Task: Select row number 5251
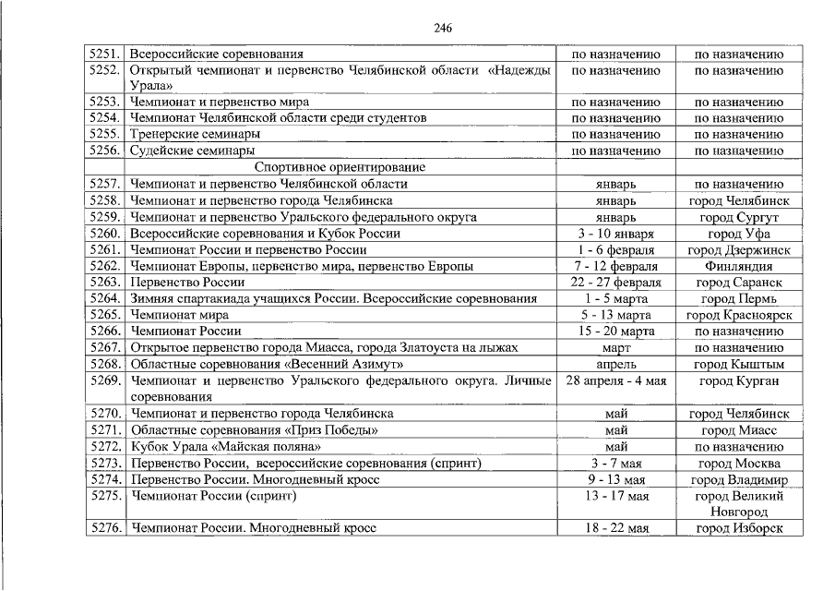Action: [106, 54]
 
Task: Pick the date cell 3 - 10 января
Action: [615, 234]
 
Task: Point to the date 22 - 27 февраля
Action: [615, 283]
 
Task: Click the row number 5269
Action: [106, 380]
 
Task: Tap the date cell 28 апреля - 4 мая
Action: [615, 380]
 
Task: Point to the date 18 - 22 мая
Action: [615, 528]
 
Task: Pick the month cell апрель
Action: [615, 364]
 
